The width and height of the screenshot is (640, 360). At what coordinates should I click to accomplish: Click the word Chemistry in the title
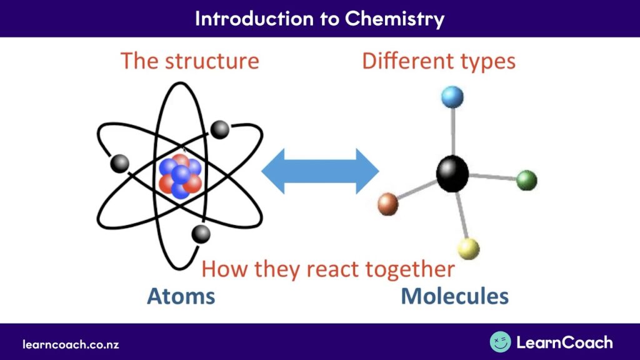click(394, 19)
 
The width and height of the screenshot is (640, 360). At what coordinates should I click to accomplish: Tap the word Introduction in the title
click(254, 18)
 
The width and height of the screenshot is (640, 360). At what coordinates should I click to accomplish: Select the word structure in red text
click(212, 61)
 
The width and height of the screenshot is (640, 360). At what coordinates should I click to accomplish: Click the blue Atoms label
click(181, 296)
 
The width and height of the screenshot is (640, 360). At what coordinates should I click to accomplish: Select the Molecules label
click(455, 296)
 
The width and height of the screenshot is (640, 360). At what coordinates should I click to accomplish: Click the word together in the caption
click(410, 269)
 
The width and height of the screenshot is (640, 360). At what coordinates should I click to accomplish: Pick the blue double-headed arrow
click(320, 171)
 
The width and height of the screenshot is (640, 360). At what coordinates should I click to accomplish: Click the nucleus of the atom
click(180, 176)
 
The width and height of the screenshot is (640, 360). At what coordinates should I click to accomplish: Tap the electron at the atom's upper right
click(219, 130)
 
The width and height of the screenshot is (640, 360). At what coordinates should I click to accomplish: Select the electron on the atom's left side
click(119, 164)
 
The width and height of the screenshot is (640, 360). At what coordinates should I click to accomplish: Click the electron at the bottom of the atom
click(201, 234)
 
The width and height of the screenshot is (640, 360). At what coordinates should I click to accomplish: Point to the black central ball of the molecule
click(452, 174)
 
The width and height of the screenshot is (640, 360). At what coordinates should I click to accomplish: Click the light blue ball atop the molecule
click(452, 97)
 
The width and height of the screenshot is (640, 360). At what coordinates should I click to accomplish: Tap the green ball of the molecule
click(526, 181)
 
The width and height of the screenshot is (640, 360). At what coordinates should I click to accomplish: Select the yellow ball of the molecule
click(469, 249)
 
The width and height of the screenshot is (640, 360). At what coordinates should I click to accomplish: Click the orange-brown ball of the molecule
click(387, 204)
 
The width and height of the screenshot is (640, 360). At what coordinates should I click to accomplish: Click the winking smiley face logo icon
click(501, 342)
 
